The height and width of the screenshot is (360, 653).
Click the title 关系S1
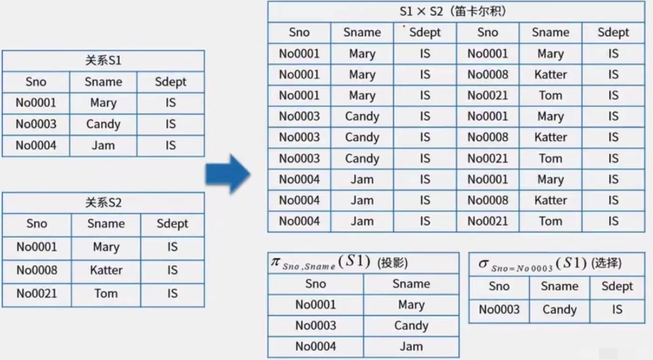pyautogui.click(x=103, y=61)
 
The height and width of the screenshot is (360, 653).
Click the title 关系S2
pyautogui.click(x=103, y=203)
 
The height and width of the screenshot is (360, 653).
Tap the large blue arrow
pyautogui.click(x=227, y=174)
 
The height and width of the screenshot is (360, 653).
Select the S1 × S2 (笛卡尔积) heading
pyautogui.click(x=456, y=12)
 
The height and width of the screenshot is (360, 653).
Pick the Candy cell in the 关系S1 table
pyautogui.click(x=103, y=125)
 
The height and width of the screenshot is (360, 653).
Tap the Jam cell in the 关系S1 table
pyautogui.click(x=103, y=146)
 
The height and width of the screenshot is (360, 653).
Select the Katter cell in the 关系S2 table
pyautogui.click(x=106, y=271)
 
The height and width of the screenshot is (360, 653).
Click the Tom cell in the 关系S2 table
pyautogui.click(x=106, y=294)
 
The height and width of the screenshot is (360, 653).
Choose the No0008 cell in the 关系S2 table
pyautogui.click(x=36, y=271)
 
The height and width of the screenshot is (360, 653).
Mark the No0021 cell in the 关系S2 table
pyautogui.click(x=36, y=294)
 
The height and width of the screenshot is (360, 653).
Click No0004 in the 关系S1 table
pyautogui.click(x=36, y=146)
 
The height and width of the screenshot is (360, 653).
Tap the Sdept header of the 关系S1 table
pyautogui.click(x=170, y=82)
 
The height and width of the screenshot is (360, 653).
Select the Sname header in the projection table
pyautogui.click(x=411, y=284)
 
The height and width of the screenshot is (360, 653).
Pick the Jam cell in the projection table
pyautogui.click(x=411, y=347)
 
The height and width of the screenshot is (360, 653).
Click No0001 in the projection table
pyautogui.click(x=315, y=305)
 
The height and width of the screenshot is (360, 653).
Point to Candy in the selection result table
pyautogui.click(x=559, y=310)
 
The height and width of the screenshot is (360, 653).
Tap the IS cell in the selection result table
pyautogui.click(x=617, y=310)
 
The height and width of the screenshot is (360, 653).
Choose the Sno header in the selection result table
pyautogui.click(x=499, y=286)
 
